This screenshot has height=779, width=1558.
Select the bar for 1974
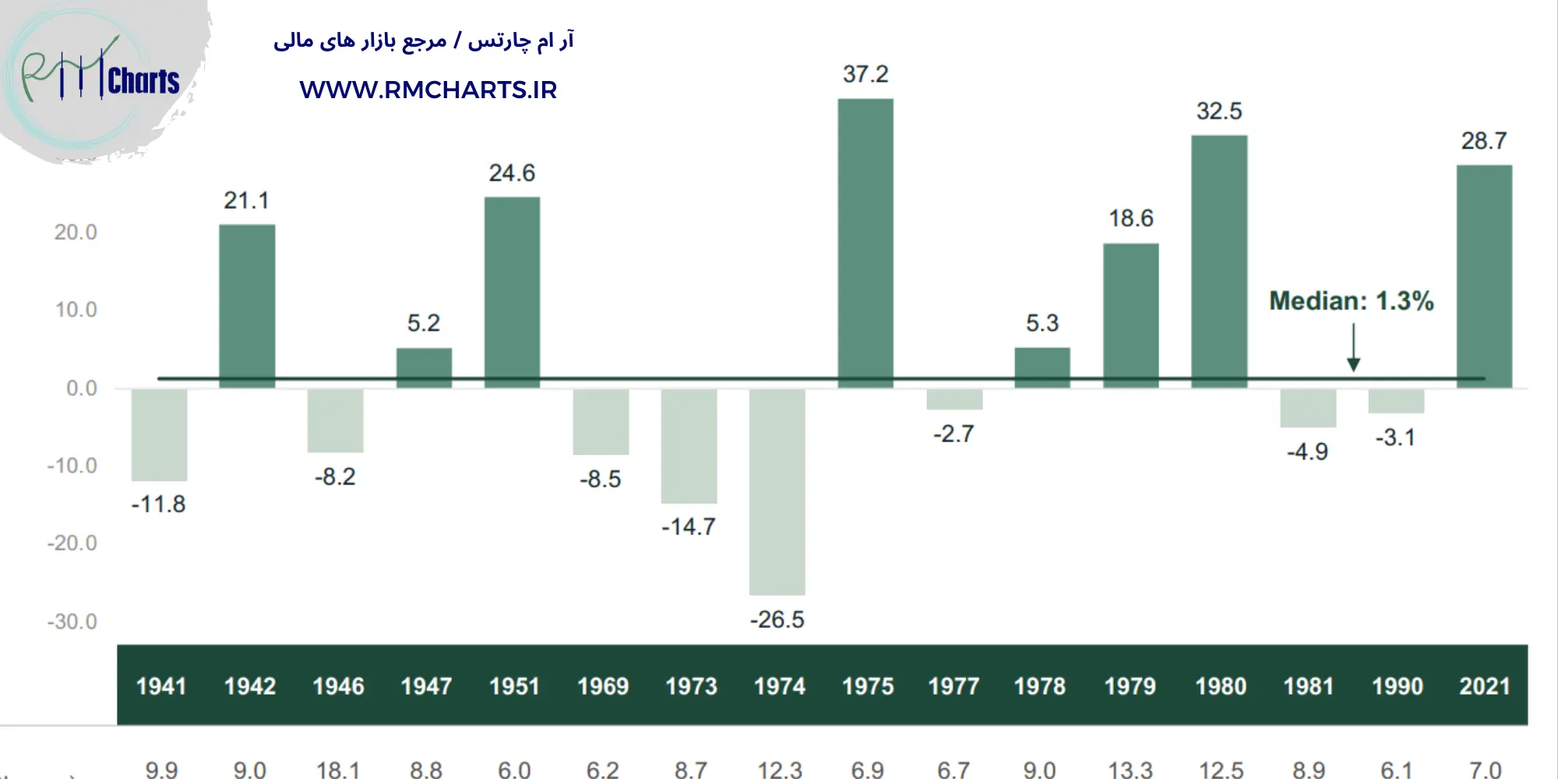point(777,491)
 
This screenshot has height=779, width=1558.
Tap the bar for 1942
point(247,305)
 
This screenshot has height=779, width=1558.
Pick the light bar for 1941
point(159,435)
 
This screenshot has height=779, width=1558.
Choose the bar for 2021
point(1484,276)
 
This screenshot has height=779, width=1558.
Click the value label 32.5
point(1219,111)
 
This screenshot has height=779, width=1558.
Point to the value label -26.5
point(777,620)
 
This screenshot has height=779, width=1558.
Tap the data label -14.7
point(689,527)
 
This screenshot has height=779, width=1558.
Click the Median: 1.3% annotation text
point(1351,301)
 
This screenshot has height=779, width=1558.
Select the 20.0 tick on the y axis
point(76,232)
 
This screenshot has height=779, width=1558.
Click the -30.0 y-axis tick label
point(72,622)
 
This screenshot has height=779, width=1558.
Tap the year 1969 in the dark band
point(603,686)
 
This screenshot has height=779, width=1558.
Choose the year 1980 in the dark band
point(1221,686)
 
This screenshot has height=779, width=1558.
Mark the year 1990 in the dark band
point(1397,686)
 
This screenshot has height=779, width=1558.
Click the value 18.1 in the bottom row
point(337,770)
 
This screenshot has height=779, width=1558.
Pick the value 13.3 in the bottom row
point(1130,770)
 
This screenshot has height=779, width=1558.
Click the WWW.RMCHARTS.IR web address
point(428,90)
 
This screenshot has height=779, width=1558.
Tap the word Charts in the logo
point(144,81)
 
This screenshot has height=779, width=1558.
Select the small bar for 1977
point(954,399)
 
